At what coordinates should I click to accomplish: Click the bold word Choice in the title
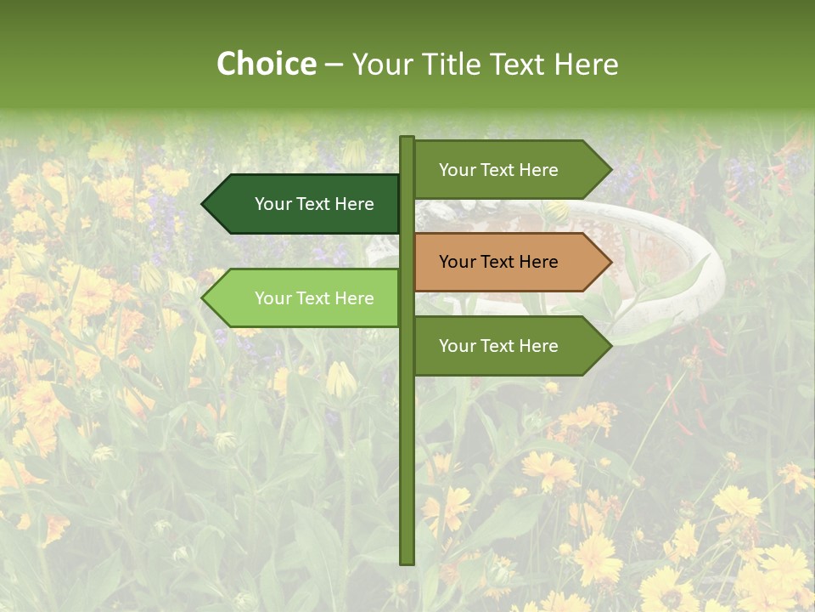[x=266, y=64]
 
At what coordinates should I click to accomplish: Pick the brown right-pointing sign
[x=509, y=262]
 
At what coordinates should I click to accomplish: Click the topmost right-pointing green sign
[x=509, y=169]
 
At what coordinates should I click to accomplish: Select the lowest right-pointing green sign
[x=509, y=346]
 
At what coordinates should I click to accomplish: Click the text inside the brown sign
[x=498, y=262]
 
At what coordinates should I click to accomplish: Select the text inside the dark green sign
[x=314, y=204]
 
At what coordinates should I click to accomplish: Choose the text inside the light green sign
[x=314, y=298]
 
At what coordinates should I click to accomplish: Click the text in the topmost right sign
[x=498, y=170]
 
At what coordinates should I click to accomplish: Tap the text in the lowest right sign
[x=498, y=346]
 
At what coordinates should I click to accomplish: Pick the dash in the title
[x=334, y=65]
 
